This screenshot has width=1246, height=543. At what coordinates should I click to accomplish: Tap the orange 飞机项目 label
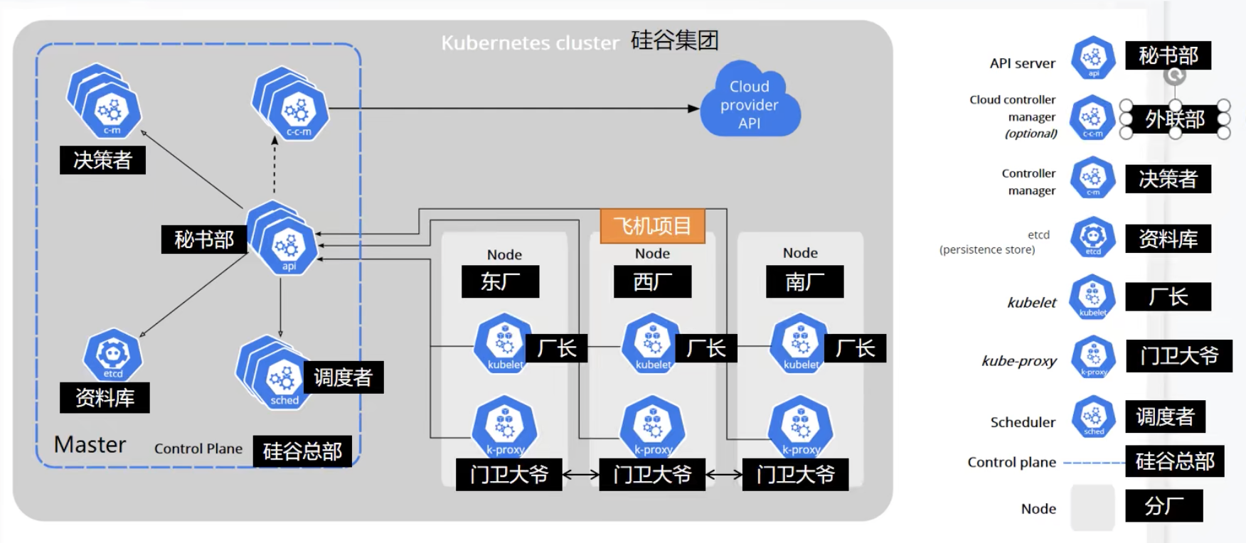[x=653, y=226]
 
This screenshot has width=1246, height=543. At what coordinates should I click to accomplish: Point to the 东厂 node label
[x=501, y=281]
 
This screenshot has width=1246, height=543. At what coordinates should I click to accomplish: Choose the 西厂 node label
[x=652, y=281]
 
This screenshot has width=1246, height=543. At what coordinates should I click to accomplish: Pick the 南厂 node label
[x=805, y=281]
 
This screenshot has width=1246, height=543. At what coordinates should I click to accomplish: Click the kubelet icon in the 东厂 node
[x=504, y=344]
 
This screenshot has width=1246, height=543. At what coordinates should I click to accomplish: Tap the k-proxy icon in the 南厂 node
[x=801, y=427]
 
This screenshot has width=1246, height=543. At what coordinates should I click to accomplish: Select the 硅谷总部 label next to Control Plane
[x=302, y=451]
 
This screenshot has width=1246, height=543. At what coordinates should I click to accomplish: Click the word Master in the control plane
[x=90, y=445]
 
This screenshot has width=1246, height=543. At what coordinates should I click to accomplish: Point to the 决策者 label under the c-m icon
[x=102, y=160]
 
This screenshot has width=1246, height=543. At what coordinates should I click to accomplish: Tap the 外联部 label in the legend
[x=1175, y=119]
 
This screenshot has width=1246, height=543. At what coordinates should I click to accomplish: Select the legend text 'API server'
[x=1023, y=63]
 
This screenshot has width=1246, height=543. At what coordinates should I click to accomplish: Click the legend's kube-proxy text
[x=1019, y=361]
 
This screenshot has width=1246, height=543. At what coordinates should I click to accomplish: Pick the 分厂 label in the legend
[x=1164, y=506]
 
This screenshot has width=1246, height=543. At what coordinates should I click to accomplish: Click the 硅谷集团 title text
[x=674, y=40]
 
